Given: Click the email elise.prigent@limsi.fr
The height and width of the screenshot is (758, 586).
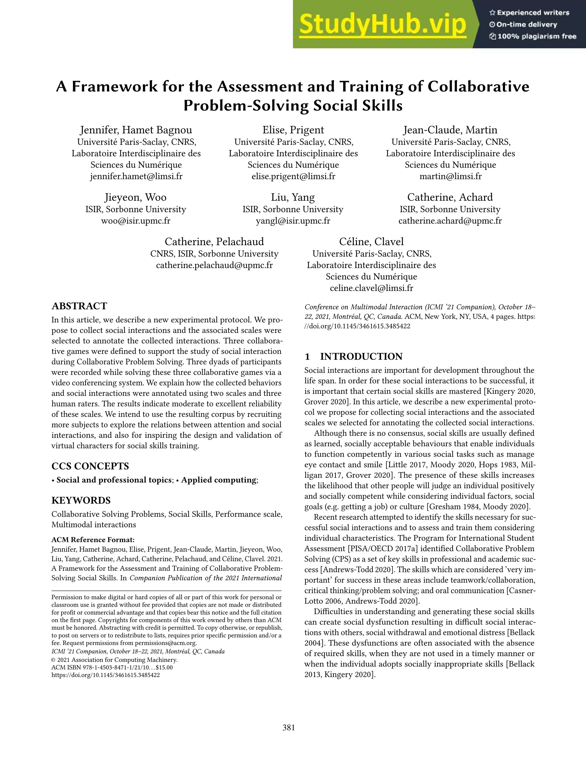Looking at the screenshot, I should coord(293,176).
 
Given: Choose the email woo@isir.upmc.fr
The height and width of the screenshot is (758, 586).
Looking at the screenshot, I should coord(136,221).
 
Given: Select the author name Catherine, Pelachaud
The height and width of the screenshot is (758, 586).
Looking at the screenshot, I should coord(214,242).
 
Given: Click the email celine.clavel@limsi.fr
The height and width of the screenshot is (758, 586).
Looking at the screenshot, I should coord(371,288).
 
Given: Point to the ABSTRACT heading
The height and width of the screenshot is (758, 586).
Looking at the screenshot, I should coord(79,306).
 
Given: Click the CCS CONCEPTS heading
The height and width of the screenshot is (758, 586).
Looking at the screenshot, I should coord(90,466).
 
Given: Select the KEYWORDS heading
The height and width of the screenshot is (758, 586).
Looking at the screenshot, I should coord(81,501).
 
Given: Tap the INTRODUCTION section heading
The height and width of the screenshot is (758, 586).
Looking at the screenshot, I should coord(361,356).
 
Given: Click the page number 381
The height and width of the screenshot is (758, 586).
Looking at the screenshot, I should coord(288,728).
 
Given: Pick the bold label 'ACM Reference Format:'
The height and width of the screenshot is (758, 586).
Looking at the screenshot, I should coord(93,540).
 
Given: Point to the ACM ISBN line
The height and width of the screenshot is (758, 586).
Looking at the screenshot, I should coord(112,667).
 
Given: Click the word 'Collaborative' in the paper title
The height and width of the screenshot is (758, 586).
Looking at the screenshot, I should coord(478,86).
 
